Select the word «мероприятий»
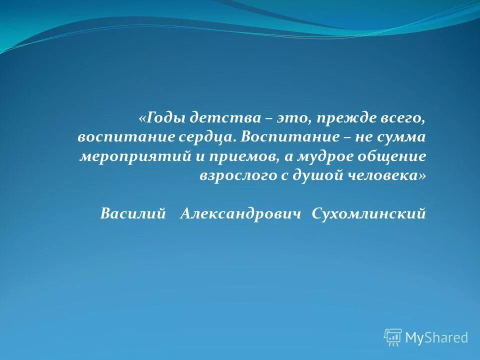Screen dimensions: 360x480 (134, 156)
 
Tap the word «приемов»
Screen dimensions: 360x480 (240, 156)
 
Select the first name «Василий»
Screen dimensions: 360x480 (132, 214)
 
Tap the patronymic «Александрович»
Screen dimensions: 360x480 (241, 214)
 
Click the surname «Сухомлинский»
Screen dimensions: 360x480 (368, 214)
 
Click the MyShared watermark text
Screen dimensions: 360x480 (436, 337)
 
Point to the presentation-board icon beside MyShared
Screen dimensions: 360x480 (393, 337)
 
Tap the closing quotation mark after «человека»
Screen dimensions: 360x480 (423, 175)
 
